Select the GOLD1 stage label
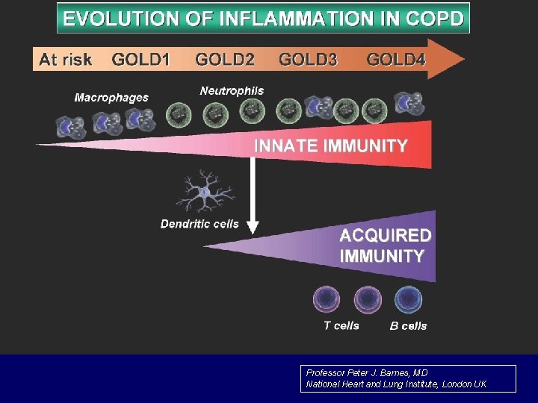point(140,59)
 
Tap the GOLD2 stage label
point(224,59)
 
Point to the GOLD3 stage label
point(308,59)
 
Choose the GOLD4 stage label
point(396,59)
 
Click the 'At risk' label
point(65,59)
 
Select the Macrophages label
point(111,97)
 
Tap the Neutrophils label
point(232,91)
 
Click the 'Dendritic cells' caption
point(200,224)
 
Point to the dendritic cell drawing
point(204,193)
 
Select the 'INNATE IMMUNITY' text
point(331,146)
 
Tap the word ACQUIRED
point(386,236)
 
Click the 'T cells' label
point(341,325)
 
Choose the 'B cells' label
point(408,325)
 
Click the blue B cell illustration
point(408,301)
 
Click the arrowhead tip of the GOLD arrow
point(463,59)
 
